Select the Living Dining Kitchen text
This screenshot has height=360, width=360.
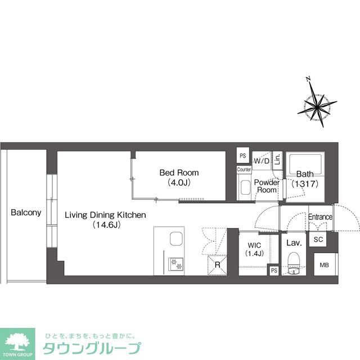(x=105, y=215)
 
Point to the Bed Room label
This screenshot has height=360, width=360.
(x=179, y=173)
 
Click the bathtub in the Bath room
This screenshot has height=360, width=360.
(x=304, y=167)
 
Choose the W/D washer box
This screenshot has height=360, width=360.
(x=262, y=161)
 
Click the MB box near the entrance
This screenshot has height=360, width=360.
(x=324, y=265)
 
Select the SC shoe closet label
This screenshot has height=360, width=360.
(x=318, y=239)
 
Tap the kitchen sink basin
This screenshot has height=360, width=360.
(x=176, y=240)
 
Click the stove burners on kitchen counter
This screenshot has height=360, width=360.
(x=175, y=262)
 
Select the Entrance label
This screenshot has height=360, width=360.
(x=320, y=217)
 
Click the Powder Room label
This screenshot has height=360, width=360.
(x=266, y=186)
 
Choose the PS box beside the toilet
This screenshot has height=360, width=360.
(x=273, y=271)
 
